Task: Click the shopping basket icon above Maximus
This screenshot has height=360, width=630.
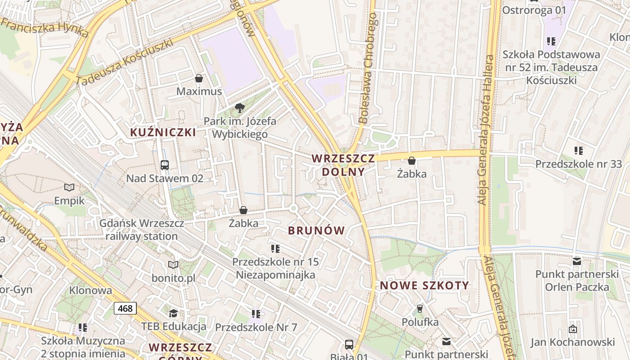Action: (x=199, y=79)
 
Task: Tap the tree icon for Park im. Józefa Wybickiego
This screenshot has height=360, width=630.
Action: (x=240, y=108)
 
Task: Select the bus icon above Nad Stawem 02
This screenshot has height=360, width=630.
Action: (x=165, y=165)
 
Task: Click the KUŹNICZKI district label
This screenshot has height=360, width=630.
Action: (x=163, y=132)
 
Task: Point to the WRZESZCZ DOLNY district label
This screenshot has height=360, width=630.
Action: (x=343, y=165)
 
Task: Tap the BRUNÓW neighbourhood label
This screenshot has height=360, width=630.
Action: (x=316, y=231)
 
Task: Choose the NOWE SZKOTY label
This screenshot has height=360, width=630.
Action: (x=424, y=285)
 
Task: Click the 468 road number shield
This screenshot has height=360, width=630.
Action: (x=125, y=308)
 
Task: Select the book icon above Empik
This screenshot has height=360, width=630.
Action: (x=69, y=188)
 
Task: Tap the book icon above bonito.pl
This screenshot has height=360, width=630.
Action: (x=173, y=265)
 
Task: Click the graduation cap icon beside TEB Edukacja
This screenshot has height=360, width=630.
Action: (x=173, y=313)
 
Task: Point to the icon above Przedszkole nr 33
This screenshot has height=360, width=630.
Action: (x=579, y=151)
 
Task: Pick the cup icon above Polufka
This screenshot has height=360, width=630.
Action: (x=420, y=308)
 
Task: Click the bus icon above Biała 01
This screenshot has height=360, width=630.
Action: (x=349, y=345)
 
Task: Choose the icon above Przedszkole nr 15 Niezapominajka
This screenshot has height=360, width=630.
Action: (x=275, y=248)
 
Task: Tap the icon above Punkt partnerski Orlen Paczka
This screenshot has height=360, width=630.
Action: (x=577, y=261)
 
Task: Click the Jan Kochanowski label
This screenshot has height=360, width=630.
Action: (x=572, y=342)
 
